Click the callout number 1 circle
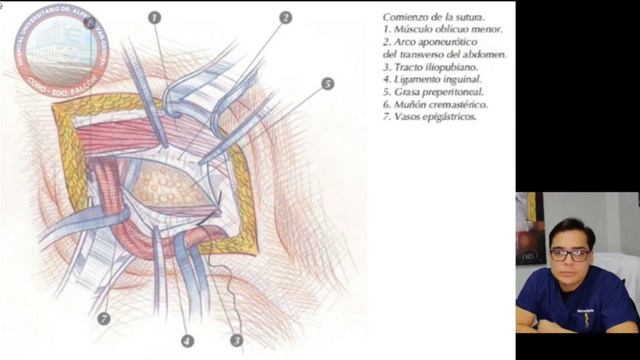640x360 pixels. tap(155, 17)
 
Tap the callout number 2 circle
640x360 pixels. tap(285, 17)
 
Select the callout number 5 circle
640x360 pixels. tap(327, 83)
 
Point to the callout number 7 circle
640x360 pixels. tap(104, 319)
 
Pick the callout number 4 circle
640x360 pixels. tap(186, 340)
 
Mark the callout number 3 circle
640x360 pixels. tap(237, 340)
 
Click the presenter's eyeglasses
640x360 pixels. tap(569, 255)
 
